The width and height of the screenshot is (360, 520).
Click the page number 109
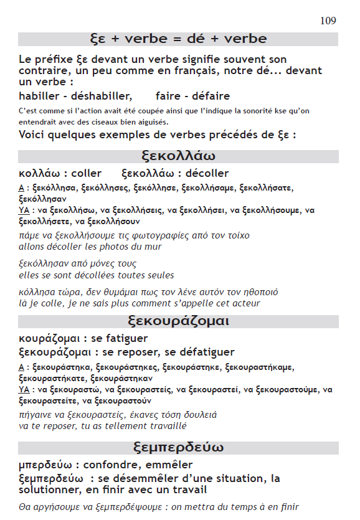pos(328,21)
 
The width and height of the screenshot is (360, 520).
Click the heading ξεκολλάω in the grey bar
pos(178,156)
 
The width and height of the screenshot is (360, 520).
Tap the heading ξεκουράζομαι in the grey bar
pos(178,321)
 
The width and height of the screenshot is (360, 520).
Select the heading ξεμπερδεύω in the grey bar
pos(178,448)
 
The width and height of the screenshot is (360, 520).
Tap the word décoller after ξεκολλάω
pos(207,173)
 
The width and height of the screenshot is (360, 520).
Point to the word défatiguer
pos(204,352)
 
